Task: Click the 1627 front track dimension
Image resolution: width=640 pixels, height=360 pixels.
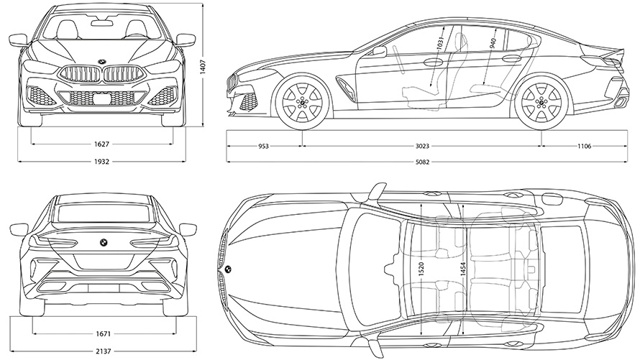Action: pos(101,144)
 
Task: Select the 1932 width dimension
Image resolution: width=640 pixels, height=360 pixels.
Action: pos(101,162)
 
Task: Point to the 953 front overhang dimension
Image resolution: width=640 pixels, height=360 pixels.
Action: pos(263,146)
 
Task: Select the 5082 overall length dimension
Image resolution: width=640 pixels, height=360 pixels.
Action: pos(422,162)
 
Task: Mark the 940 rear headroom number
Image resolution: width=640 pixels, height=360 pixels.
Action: pos(492,43)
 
